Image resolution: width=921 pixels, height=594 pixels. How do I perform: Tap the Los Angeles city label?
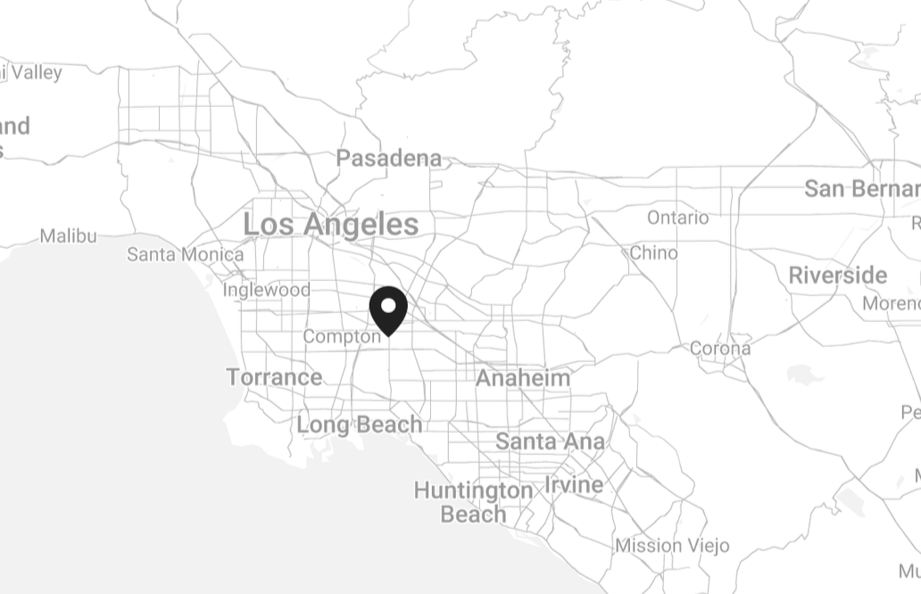click(330, 225)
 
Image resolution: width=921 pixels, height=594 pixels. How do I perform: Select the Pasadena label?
click(388, 159)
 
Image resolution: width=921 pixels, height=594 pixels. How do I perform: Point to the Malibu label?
click(68, 236)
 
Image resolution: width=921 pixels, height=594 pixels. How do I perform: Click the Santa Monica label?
click(185, 255)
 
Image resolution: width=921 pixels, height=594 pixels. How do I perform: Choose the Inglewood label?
click(266, 290)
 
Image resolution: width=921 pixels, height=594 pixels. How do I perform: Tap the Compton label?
click(341, 337)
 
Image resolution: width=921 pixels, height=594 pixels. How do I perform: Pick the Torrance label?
click(274, 377)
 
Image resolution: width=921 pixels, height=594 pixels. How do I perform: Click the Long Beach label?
click(359, 425)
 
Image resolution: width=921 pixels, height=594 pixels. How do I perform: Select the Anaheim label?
click(522, 378)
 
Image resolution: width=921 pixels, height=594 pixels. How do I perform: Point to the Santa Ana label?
click(549, 441)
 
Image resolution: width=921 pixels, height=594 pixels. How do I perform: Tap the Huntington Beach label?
click(473, 502)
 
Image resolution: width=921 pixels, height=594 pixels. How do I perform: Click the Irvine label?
click(573, 485)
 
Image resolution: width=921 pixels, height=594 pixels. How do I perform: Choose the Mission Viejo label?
click(672, 545)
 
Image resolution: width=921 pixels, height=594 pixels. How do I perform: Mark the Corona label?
click(719, 349)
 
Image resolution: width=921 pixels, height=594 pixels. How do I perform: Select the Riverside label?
click(837, 276)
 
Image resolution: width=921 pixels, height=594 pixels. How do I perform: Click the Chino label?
click(653, 253)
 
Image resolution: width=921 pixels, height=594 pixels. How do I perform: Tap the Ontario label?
click(677, 218)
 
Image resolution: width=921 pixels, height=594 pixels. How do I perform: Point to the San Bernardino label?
click(861, 189)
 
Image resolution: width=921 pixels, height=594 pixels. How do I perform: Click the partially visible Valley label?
click(34, 73)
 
